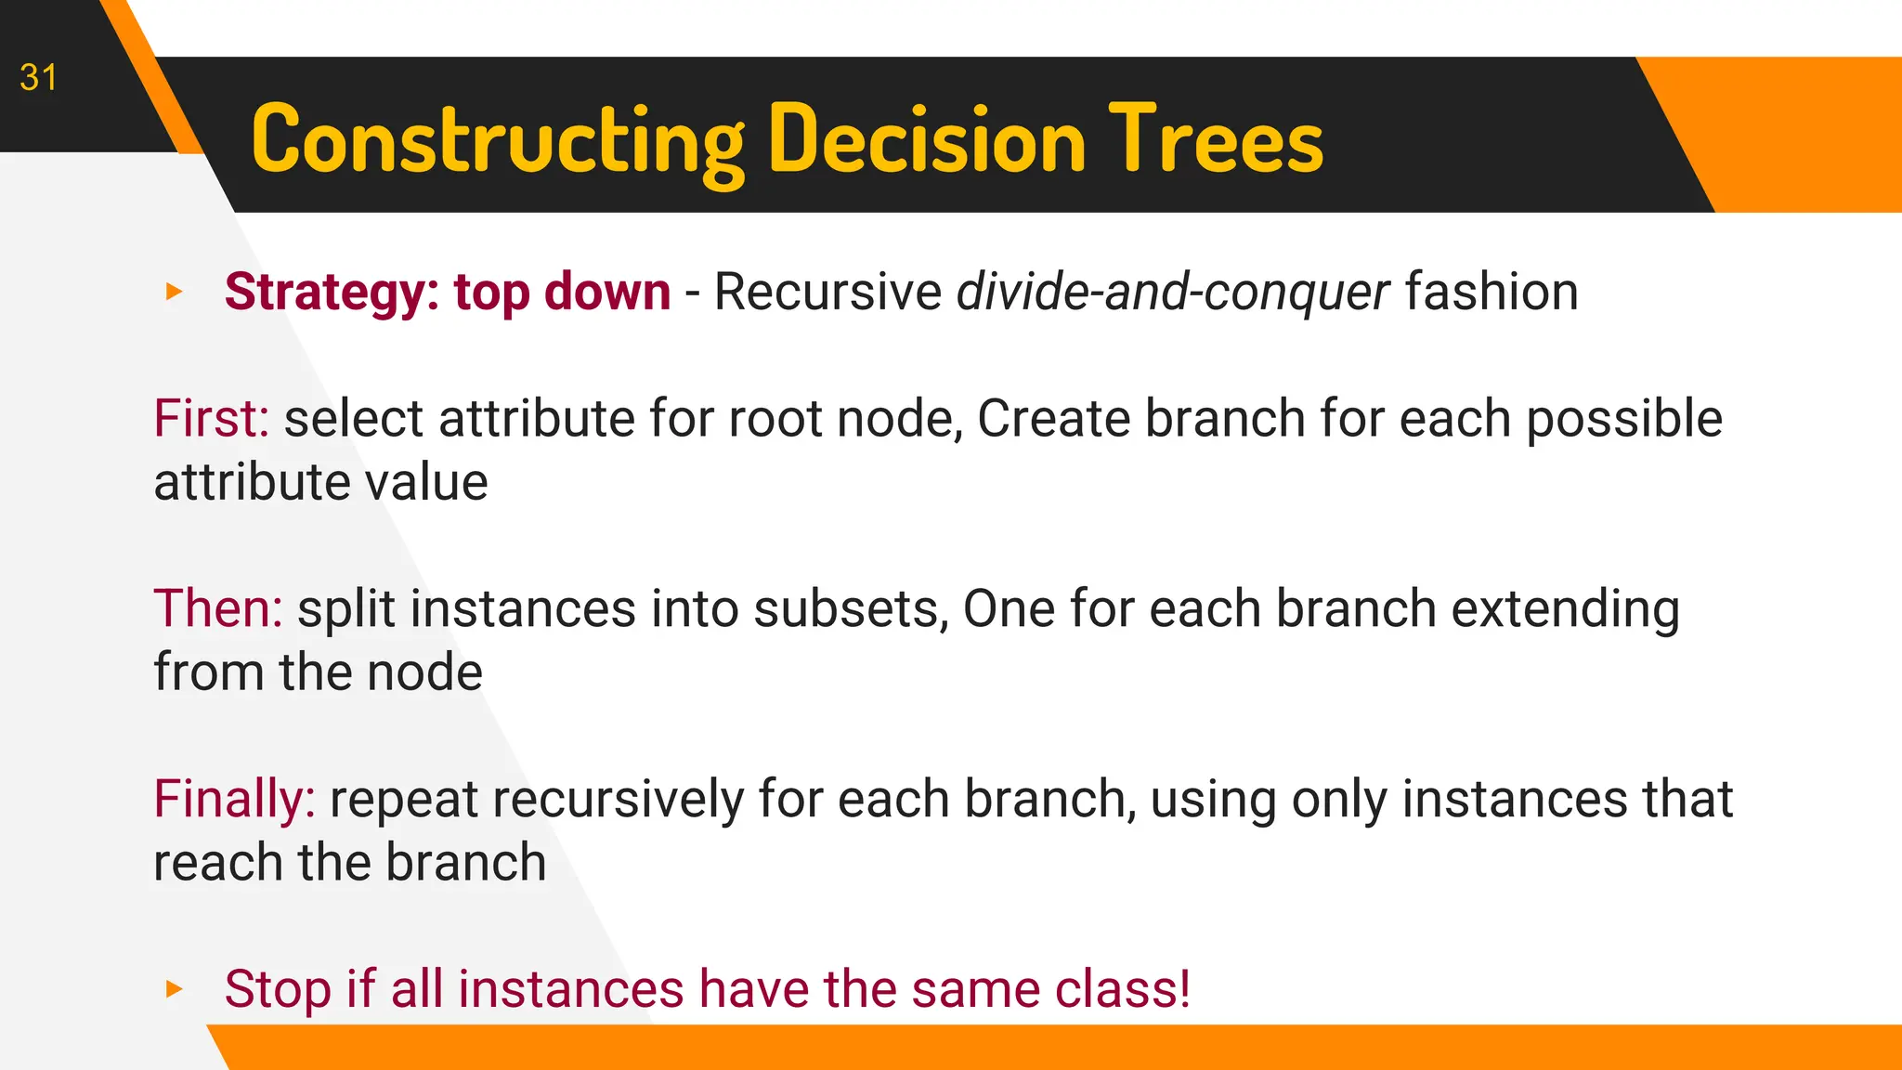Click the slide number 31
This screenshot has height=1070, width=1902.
point(38,78)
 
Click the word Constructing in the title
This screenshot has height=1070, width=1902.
point(497,141)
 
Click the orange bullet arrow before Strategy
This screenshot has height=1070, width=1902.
point(174,293)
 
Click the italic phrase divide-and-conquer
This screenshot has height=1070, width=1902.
point(1172,293)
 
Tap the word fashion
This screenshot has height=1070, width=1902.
point(1491,293)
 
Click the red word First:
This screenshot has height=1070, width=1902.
point(211,419)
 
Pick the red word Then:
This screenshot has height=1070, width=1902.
point(217,609)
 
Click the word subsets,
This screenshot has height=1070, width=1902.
point(851,609)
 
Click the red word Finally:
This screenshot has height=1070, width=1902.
point(234,800)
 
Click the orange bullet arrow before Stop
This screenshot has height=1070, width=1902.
point(174,989)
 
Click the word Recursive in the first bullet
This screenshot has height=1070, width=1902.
point(827,293)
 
